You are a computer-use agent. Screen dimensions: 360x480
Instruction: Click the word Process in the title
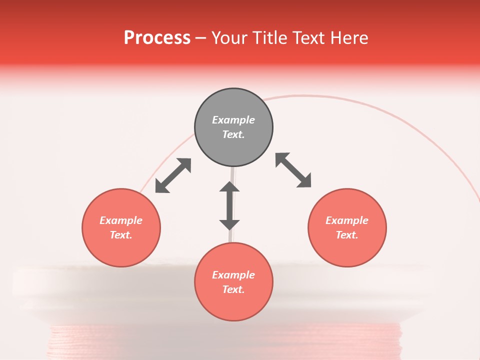coord(157,38)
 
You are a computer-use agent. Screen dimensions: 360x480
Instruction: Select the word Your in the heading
coord(230,38)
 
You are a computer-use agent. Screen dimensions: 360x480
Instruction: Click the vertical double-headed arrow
coord(229,205)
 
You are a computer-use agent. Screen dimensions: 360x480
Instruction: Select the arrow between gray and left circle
coord(173,175)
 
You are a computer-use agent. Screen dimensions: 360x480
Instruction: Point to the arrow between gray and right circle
coord(293,170)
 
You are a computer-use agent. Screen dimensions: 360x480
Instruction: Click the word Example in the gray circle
coord(233,120)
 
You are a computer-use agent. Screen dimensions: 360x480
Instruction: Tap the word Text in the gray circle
coord(233,134)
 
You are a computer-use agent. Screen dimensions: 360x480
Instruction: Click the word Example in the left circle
coord(121,220)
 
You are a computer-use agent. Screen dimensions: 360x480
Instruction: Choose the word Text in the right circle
coord(346,235)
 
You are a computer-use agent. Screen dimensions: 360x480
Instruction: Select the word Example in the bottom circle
coord(233,275)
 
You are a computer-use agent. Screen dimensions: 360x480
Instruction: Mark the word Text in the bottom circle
coord(233,289)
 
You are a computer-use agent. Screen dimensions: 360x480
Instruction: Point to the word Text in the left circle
coord(120,235)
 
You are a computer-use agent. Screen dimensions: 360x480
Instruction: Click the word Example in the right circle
coord(347,220)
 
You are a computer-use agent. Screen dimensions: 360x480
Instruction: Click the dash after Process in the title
coord(201,38)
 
